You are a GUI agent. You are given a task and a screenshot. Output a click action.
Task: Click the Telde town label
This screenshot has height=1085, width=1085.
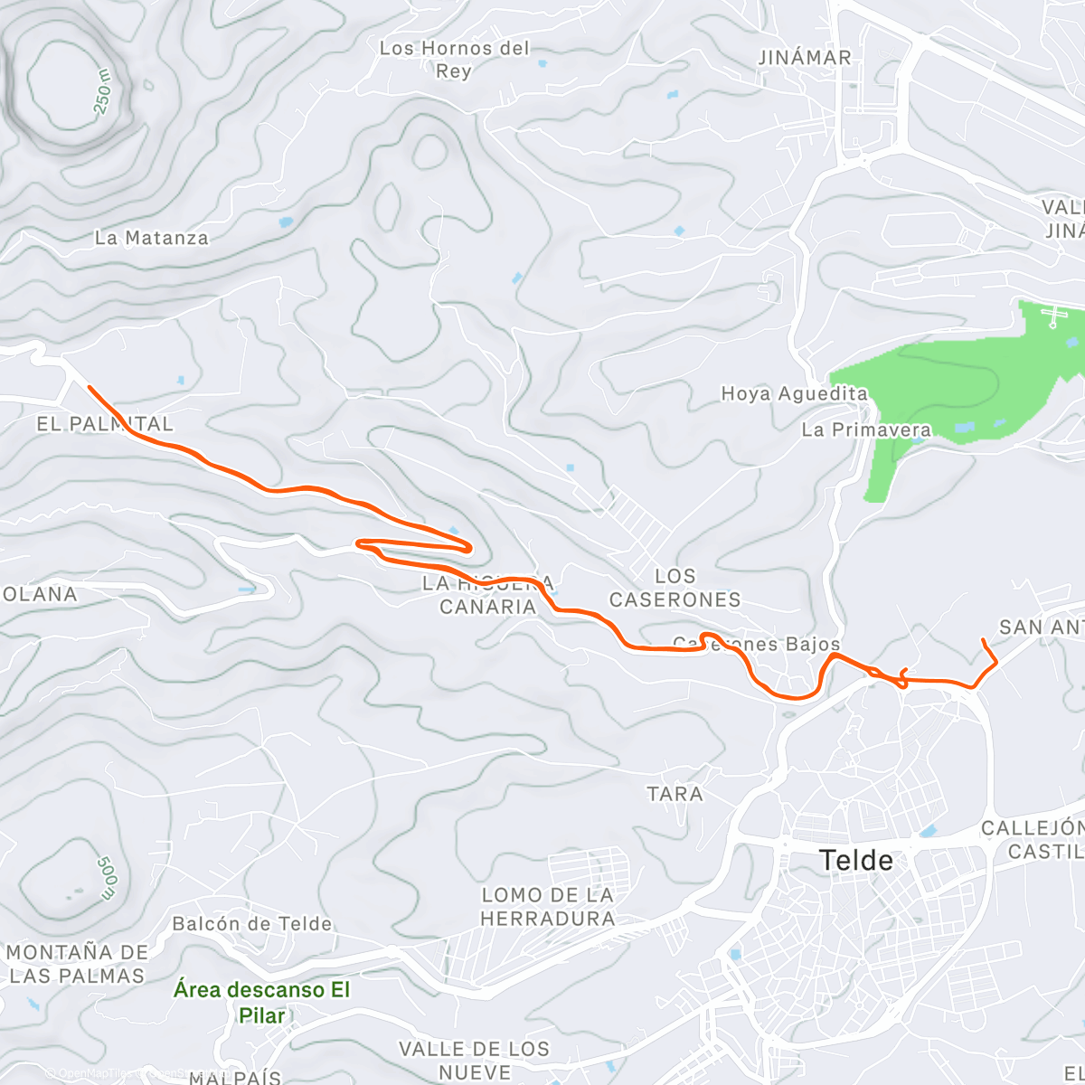pyautogui.click(x=856, y=860)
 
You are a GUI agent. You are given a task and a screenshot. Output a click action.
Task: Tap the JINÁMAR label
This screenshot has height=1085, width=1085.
pyautogui.click(x=805, y=58)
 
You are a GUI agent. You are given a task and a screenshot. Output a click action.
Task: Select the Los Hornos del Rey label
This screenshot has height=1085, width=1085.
pyautogui.click(x=454, y=60)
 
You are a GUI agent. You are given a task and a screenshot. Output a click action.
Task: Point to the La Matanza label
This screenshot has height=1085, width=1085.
pyautogui.click(x=152, y=239)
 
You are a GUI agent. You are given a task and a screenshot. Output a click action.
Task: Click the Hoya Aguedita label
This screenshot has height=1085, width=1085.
pyautogui.click(x=794, y=394)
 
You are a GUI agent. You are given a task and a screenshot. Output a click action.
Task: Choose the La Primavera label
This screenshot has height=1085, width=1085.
pyautogui.click(x=866, y=430)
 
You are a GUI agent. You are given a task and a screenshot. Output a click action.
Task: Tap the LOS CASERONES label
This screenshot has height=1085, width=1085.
pyautogui.click(x=675, y=588)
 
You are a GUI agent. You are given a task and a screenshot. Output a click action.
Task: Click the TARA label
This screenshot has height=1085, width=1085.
pyautogui.click(x=675, y=794)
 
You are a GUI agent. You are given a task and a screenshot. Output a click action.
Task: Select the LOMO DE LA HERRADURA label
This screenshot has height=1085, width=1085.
pyautogui.click(x=547, y=907)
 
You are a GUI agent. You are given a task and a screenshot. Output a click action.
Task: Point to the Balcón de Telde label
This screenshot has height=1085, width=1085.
pyautogui.click(x=252, y=924)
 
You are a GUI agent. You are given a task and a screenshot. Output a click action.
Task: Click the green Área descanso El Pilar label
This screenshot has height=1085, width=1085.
pyautogui.click(x=261, y=1002)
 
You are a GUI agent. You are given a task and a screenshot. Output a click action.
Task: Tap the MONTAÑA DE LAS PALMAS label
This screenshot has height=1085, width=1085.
pyautogui.click(x=77, y=964)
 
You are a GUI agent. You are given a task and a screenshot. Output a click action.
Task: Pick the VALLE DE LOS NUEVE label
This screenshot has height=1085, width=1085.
pyautogui.click(x=474, y=1061)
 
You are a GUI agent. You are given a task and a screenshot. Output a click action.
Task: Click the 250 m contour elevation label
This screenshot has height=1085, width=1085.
pyautogui.click(x=103, y=91)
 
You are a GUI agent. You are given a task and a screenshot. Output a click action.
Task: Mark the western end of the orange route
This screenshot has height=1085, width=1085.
pyautogui.click(x=89, y=387)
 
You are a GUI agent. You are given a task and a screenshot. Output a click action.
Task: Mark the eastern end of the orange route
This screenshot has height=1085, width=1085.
pyautogui.click(x=983, y=640)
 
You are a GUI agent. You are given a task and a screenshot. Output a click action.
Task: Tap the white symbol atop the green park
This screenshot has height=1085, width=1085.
pyautogui.click(x=1053, y=316)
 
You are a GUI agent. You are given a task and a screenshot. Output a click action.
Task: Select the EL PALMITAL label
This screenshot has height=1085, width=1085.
pyautogui.click(x=105, y=424)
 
